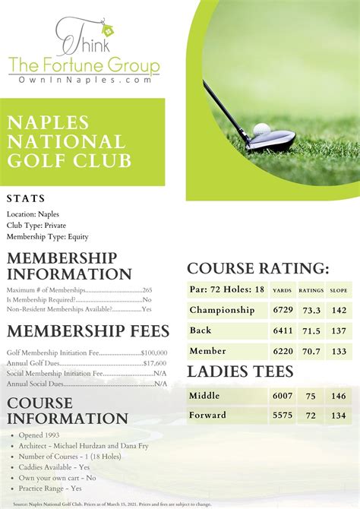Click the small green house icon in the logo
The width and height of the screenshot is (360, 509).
(106, 30)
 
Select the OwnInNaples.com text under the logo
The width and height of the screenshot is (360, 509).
(84, 79)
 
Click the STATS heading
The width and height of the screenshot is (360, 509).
(26, 199)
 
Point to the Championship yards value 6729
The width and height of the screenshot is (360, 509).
(283, 310)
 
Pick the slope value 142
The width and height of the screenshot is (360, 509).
(339, 310)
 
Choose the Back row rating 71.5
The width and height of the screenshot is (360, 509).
(311, 330)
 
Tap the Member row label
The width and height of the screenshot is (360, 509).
(208, 351)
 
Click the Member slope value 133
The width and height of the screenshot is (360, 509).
(339, 351)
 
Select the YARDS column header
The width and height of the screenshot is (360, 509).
(283, 290)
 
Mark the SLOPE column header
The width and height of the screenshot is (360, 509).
(339, 290)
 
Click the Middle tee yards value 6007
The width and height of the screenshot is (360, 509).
(283, 396)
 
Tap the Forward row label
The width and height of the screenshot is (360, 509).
(208, 416)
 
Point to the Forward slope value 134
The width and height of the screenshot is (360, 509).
(339, 416)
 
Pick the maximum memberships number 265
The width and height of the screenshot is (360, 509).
(147, 290)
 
